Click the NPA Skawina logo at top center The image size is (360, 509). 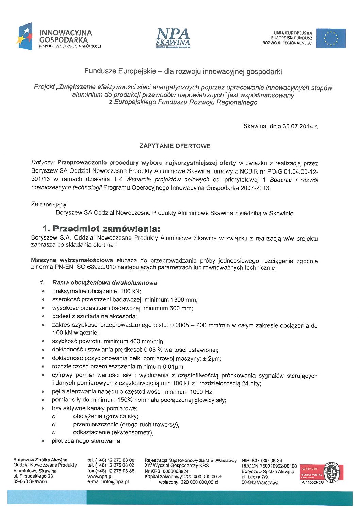pyautogui.click(x=173, y=38)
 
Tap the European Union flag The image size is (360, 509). pyautogui.click(x=331, y=38)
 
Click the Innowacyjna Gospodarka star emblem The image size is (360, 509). pyautogui.click(x=25, y=36)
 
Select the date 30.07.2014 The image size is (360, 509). pyautogui.click(x=297, y=126)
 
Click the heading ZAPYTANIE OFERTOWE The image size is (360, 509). pyautogui.click(x=175, y=146)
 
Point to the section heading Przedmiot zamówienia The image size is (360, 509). pyautogui.click(x=101, y=228)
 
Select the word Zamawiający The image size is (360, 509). pyautogui.click(x=49, y=204)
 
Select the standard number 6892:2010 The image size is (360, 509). pyautogui.click(x=102, y=267)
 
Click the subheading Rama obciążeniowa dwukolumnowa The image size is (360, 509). pyautogui.click(x=104, y=283)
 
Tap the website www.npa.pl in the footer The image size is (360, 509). pyautogui.click(x=100, y=476)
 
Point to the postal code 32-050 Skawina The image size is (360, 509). pyautogui.click(x=30, y=482)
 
